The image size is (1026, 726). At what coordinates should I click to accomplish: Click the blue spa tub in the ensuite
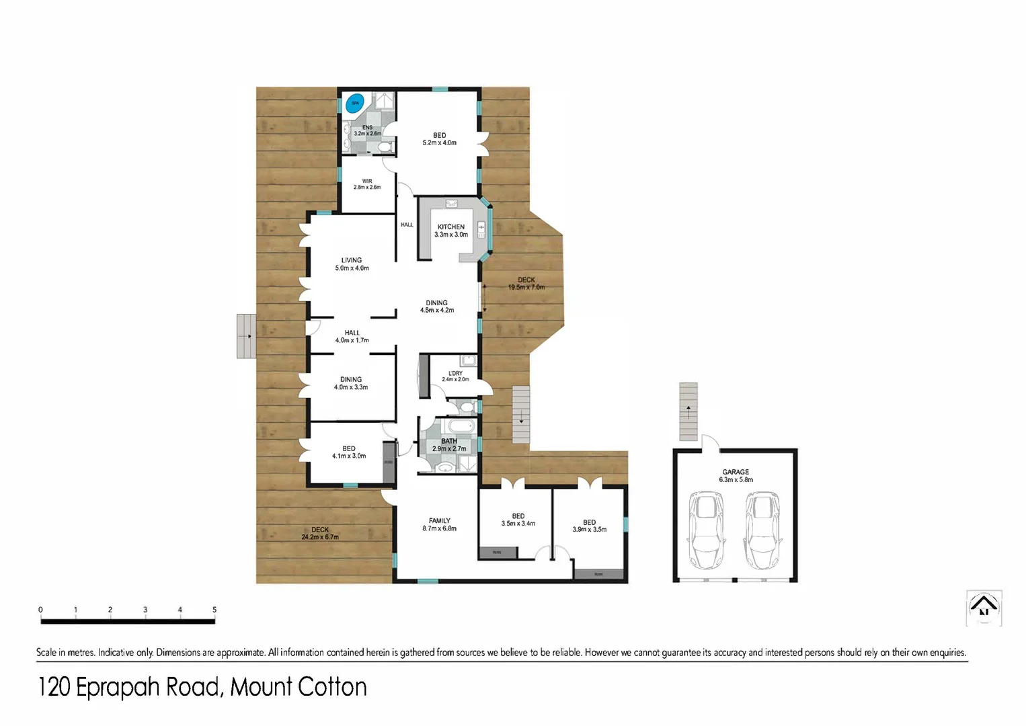coord(354,104)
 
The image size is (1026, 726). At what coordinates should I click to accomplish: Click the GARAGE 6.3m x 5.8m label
coord(736,476)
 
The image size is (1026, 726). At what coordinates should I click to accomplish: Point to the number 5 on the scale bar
coord(214,610)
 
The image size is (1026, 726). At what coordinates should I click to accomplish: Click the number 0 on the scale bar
coord(40,610)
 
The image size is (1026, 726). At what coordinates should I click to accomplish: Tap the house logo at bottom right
coord(984,608)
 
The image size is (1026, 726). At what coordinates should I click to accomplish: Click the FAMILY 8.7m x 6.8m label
coord(440,524)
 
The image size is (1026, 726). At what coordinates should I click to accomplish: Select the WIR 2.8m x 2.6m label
coord(367,184)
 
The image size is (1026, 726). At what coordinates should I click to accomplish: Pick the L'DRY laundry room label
coord(455,376)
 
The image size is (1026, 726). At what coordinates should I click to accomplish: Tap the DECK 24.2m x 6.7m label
coord(320,533)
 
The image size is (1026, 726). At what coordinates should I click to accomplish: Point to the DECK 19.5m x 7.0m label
coord(526,284)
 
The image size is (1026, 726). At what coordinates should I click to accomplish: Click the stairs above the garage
coord(688,411)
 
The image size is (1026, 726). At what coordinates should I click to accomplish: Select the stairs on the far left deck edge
coord(246,336)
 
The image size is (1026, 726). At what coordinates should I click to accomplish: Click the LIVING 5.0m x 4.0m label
coord(352,264)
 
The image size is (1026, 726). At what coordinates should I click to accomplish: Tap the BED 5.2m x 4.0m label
coord(439,139)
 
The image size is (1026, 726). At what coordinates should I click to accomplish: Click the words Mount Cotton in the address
coord(299,687)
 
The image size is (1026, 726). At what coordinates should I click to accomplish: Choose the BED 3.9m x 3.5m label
coord(589,526)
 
